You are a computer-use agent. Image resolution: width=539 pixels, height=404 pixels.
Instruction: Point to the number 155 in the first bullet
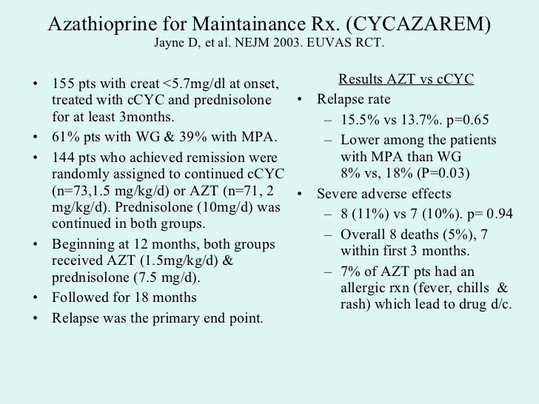[64, 81]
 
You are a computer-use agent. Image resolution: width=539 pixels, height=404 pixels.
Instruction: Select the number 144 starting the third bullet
[64, 158]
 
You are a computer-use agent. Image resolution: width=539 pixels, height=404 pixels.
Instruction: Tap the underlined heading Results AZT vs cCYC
[405, 79]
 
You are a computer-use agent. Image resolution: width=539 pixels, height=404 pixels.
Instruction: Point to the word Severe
[338, 195]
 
